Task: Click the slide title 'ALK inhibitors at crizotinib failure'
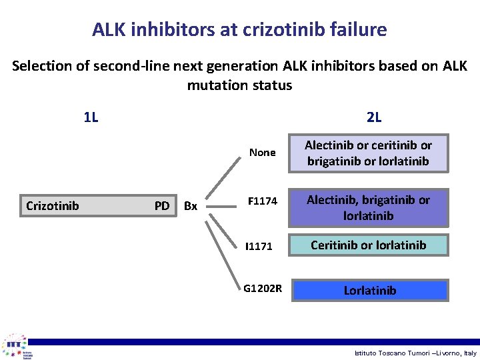point(239,30)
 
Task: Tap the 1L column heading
point(91,118)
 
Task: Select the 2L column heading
point(374,118)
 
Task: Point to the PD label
point(162,206)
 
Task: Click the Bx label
point(191,207)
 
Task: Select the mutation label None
point(262,153)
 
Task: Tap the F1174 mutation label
point(262,200)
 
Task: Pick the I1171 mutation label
point(259,247)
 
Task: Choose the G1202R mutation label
point(263,289)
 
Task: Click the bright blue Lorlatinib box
point(369,290)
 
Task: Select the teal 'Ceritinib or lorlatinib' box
point(368,245)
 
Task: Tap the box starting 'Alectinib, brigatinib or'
point(368,207)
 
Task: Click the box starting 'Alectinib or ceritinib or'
point(368,153)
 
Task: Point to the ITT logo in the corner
point(17,346)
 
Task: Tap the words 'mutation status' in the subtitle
point(239,85)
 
